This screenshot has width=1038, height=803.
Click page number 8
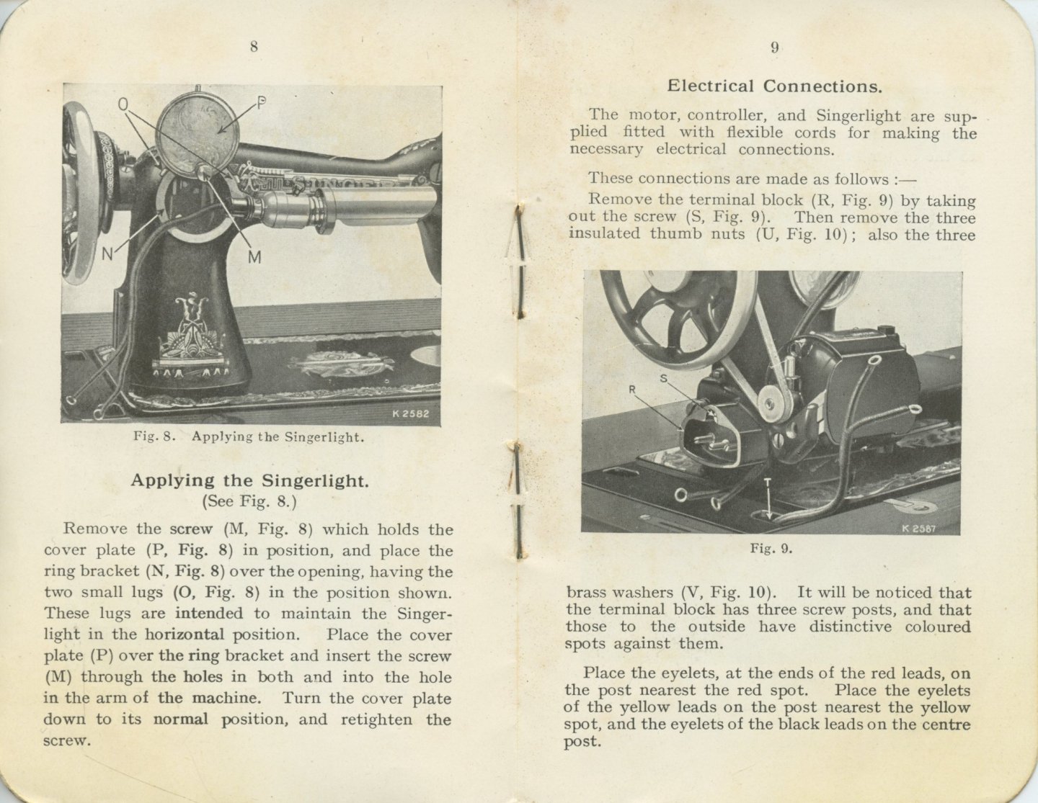pyautogui.click(x=254, y=47)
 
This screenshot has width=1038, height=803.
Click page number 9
pyautogui.click(x=774, y=48)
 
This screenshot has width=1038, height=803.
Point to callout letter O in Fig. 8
pyautogui.click(x=123, y=105)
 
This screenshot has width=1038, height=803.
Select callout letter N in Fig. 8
pyautogui.click(x=107, y=255)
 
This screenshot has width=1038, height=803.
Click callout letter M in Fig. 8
pyautogui.click(x=254, y=256)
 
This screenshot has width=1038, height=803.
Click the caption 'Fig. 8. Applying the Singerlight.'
pyautogui.click(x=248, y=436)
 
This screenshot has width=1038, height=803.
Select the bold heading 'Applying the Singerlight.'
pyautogui.click(x=249, y=480)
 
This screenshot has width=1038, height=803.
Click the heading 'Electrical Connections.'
pyautogui.click(x=774, y=86)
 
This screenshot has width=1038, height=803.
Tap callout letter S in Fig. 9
pyautogui.click(x=663, y=377)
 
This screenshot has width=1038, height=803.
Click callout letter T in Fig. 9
pyautogui.click(x=768, y=483)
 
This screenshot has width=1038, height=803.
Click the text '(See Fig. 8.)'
pyautogui.click(x=249, y=501)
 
